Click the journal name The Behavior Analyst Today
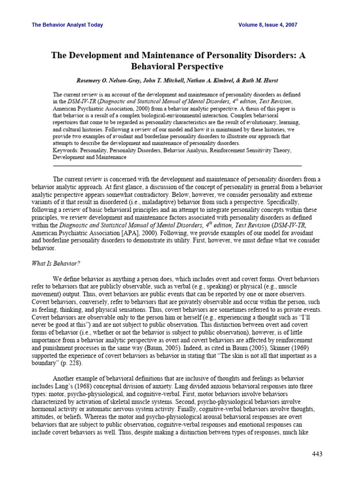click(x=67, y=25)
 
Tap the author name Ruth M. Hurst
click(x=270, y=80)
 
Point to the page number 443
click(x=317, y=454)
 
